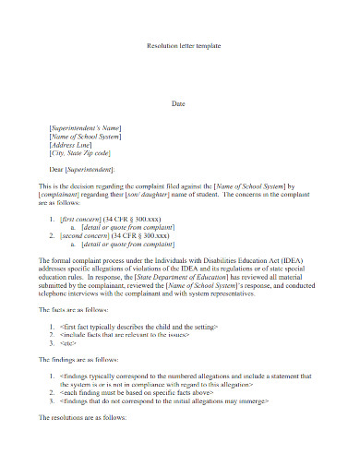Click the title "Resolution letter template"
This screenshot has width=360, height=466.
pyautogui.click(x=184, y=45)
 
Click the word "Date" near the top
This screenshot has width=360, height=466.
pyautogui.click(x=180, y=103)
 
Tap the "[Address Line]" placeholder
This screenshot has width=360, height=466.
pyautogui.click(x=71, y=145)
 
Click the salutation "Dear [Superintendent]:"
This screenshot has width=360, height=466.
pyautogui.click(x=82, y=171)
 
